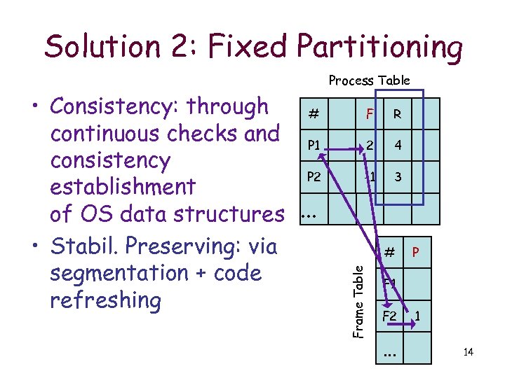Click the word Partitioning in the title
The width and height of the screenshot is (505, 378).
tap(379, 46)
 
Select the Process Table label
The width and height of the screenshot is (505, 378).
tap(369, 80)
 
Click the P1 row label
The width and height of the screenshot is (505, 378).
tap(312, 146)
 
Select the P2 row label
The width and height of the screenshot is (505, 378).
tap(312, 177)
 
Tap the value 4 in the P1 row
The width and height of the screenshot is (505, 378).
tap(398, 146)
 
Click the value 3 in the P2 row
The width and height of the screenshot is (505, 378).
tap(398, 177)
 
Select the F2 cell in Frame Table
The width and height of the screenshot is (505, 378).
tap(389, 316)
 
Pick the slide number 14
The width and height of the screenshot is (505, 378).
tap(468, 351)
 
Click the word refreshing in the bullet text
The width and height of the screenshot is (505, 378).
tap(106, 300)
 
